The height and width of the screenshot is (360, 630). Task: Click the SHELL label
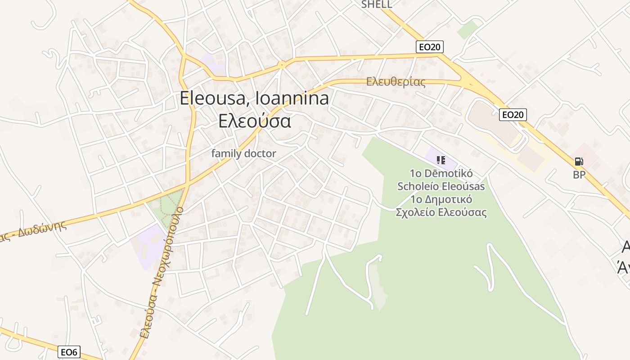coord(377,4)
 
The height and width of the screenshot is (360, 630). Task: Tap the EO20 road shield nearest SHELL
coord(430,47)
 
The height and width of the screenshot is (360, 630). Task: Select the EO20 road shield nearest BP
coord(513,115)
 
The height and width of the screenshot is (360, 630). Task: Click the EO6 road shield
coord(69,352)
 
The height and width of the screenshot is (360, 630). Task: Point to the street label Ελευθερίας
coord(396,82)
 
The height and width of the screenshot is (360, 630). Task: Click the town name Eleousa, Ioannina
coord(254,99)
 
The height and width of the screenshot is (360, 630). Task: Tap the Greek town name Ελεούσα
coord(255,121)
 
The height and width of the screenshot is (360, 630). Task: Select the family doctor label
coord(243,153)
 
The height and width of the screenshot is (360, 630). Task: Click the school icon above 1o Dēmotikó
coord(441,160)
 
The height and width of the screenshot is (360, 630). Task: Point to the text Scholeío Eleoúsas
coord(441,186)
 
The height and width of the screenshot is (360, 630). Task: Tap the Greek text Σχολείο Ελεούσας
coord(441,212)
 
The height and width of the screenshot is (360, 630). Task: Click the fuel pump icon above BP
coord(579,162)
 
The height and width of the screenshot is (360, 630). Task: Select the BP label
coord(579,175)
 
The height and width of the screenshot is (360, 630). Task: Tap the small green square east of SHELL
coord(468,30)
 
